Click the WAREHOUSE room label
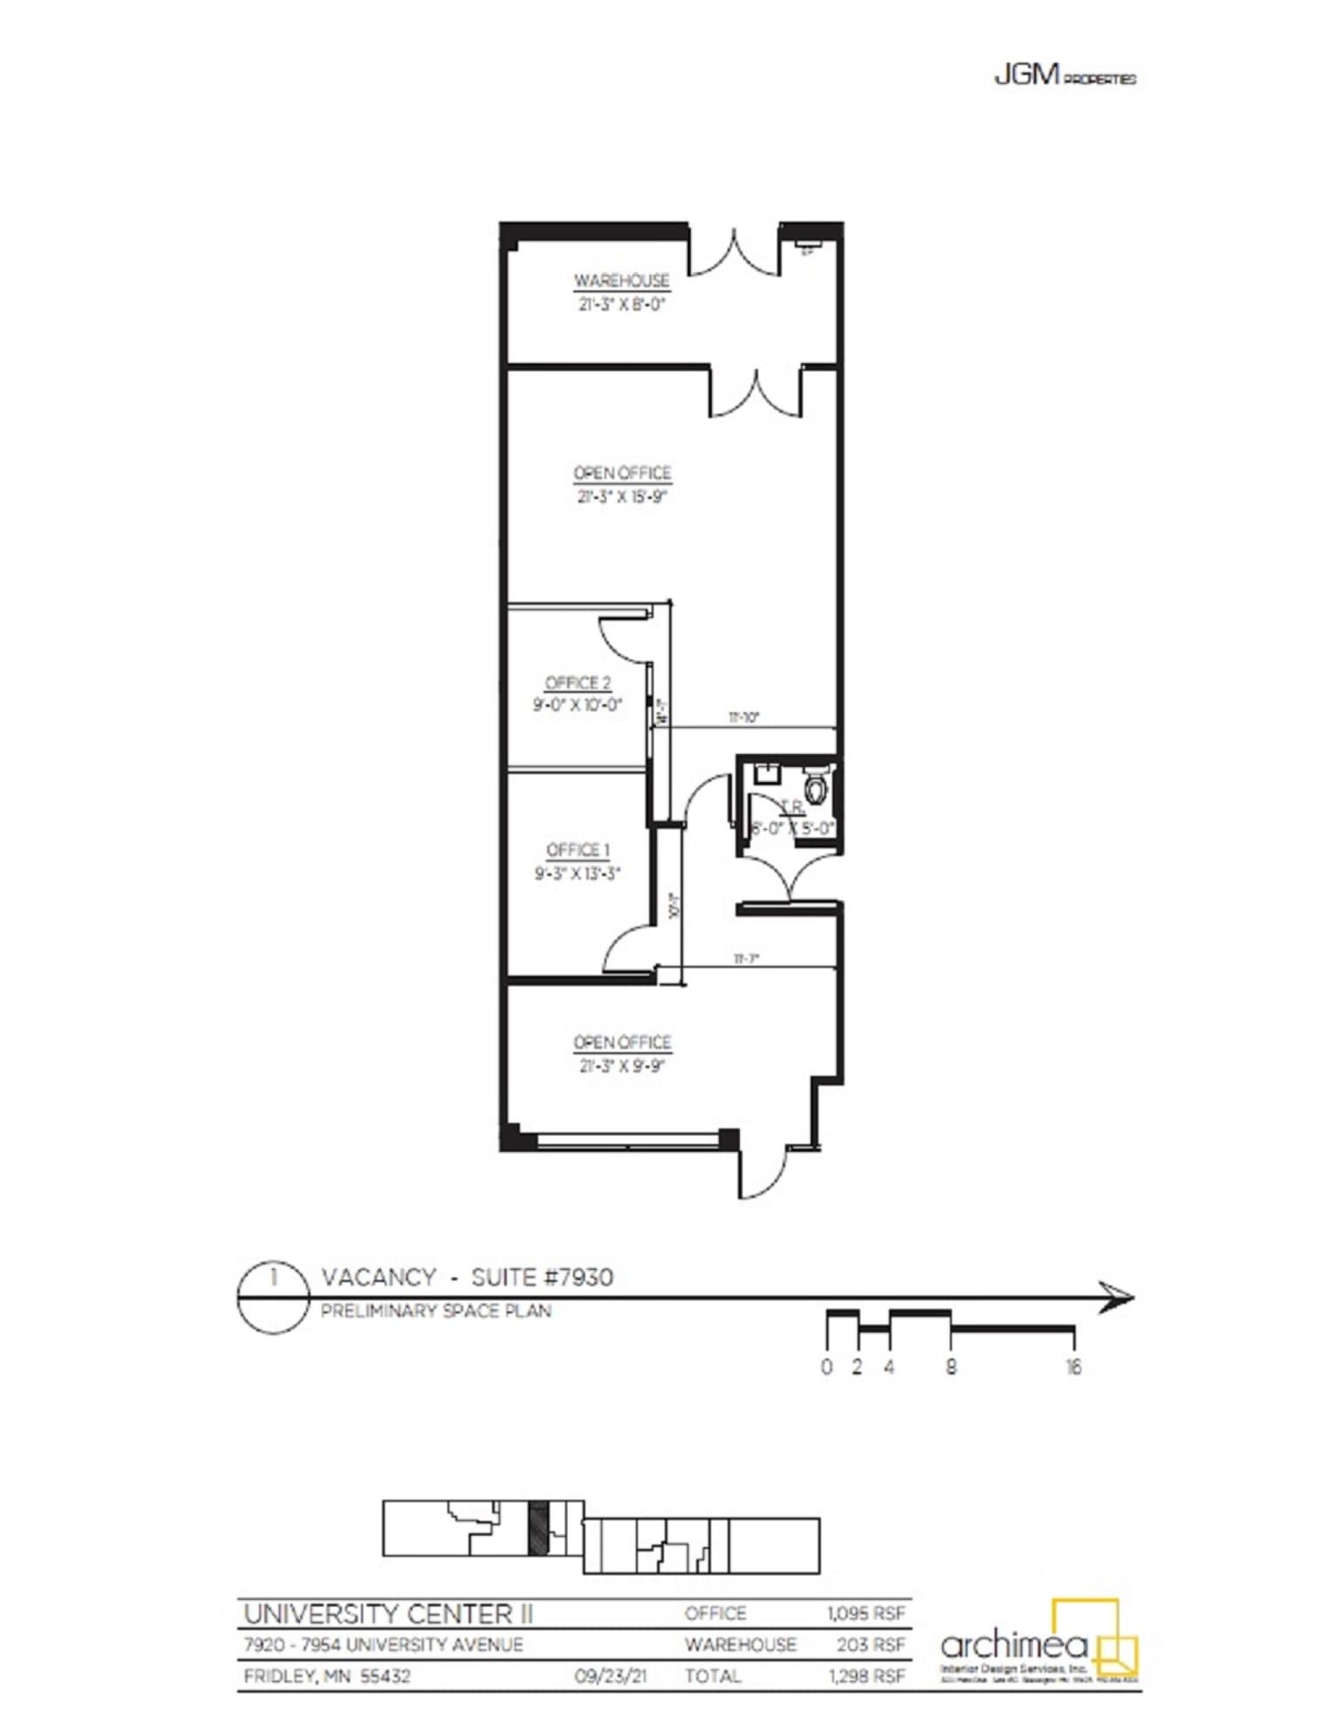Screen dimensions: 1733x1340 click(x=621, y=281)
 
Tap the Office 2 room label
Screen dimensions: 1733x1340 click(x=578, y=683)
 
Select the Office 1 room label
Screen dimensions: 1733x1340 click(x=578, y=850)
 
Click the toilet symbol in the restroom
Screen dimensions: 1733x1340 click(x=817, y=787)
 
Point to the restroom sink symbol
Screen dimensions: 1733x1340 click(x=767, y=771)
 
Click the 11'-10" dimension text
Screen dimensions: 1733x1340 click(x=744, y=717)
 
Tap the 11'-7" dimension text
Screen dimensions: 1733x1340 click(x=746, y=958)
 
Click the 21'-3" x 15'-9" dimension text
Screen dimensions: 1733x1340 click(x=621, y=497)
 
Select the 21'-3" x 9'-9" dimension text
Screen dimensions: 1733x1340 click(x=621, y=1065)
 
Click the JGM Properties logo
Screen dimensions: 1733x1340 click(x=1064, y=77)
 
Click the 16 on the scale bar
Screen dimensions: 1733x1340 click(x=1073, y=1367)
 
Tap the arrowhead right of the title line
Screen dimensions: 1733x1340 click(x=1117, y=1297)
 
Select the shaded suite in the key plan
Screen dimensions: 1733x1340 click(x=539, y=1527)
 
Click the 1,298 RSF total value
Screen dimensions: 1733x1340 click(x=865, y=1675)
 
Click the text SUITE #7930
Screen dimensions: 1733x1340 click(x=542, y=1277)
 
